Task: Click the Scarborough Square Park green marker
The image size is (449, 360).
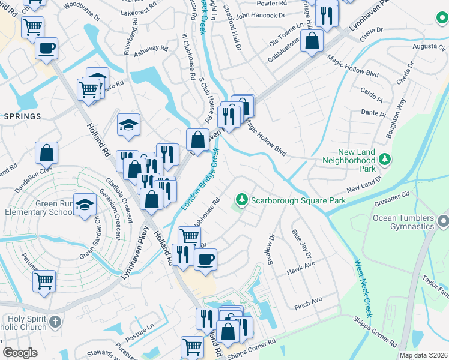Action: (x=242, y=199)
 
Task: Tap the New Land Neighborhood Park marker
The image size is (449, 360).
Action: (x=384, y=160)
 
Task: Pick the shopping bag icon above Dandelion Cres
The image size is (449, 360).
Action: (x=47, y=154)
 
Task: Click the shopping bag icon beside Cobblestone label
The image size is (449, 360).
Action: (x=312, y=41)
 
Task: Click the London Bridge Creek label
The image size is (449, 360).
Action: (x=200, y=180)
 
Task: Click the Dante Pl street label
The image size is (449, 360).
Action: (x=372, y=112)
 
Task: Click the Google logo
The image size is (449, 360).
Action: (x=20, y=353)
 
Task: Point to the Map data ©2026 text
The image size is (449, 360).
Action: (x=423, y=355)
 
